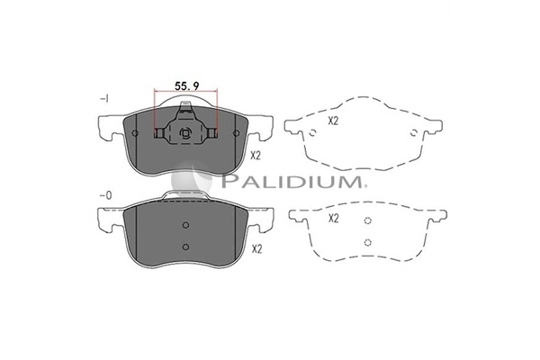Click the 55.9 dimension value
pos(186,85)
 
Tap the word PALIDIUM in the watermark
pos(292,181)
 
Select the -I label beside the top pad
pos(104,99)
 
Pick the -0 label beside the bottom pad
pos(105,195)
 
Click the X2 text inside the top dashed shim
pos(333,121)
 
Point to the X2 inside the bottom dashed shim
pos(334,218)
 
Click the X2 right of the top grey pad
pos(256,156)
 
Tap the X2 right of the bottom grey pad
pos(256,248)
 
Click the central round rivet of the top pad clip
pos(185,133)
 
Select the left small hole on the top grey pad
pos(135,133)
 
